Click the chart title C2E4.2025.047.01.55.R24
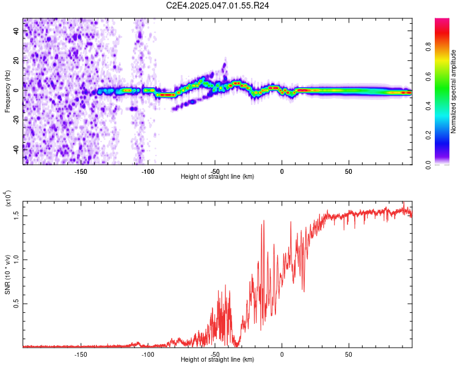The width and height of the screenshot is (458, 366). (218, 5)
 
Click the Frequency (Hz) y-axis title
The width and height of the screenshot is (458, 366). (7, 91)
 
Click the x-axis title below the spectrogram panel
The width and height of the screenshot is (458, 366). (217, 176)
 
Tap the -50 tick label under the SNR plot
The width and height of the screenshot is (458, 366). (215, 353)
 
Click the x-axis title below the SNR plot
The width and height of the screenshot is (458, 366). (217, 359)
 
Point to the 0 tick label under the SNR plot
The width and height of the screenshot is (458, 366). (282, 353)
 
